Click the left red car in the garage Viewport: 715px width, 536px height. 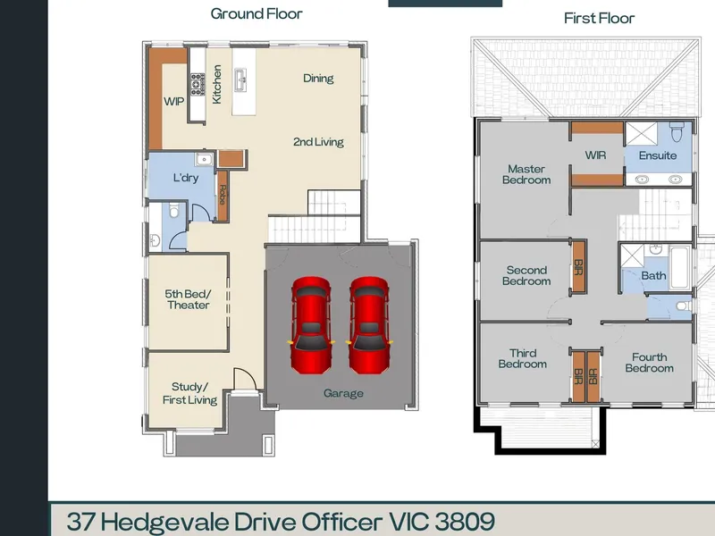311,325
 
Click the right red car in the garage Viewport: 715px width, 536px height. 369,325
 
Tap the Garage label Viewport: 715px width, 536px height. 343,393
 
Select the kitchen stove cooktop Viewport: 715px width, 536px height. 198,84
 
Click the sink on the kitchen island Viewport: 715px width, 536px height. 240,80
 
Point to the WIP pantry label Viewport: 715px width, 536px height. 173,101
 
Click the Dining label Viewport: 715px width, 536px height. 318,79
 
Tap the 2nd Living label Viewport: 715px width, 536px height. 318,142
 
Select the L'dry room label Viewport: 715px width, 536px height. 186,178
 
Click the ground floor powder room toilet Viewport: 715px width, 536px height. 173,211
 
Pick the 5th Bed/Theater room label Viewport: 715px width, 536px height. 188,299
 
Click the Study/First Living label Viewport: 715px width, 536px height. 189,393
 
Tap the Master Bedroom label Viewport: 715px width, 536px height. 526,174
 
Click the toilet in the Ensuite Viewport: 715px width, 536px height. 677,131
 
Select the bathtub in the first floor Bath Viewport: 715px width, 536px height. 679,267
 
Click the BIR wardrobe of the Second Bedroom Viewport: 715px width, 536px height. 578,266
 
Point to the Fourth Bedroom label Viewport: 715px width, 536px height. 650,363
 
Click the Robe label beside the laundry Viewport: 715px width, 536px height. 222,195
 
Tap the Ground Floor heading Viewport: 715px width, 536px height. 257,13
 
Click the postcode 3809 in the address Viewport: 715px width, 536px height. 465,522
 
